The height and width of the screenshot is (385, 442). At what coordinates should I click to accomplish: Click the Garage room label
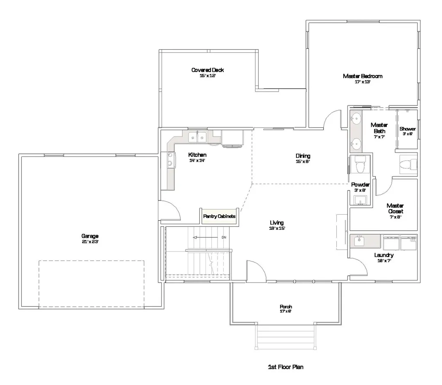tap(90, 236)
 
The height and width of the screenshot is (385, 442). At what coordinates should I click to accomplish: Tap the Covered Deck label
tap(208, 70)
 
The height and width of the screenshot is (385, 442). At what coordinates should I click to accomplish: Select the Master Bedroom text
tap(363, 76)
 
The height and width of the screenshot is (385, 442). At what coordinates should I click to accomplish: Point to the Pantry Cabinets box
tap(219, 216)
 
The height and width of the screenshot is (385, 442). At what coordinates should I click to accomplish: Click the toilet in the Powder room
tap(360, 164)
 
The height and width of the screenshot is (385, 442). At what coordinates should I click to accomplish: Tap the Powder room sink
tap(360, 200)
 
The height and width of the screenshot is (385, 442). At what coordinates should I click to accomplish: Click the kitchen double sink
tap(197, 137)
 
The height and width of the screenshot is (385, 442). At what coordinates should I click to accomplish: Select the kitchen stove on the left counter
tap(171, 160)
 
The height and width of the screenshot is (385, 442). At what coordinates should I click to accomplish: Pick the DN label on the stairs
tap(224, 237)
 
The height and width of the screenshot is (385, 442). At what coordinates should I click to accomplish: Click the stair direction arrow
tap(205, 237)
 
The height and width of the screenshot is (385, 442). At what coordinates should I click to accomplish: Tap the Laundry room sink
tap(359, 241)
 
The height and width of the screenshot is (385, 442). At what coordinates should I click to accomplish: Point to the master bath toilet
tap(408, 164)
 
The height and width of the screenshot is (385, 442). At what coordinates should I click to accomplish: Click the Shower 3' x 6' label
tap(407, 131)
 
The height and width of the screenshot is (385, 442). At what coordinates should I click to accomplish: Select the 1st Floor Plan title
tap(286, 367)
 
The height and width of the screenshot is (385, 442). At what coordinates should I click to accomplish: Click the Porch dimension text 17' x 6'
tap(286, 312)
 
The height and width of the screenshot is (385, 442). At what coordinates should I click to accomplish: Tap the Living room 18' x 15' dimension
tap(277, 228)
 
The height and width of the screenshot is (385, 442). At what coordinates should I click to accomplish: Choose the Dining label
tap(303, 156)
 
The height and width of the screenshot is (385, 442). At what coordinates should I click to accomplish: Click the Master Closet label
tap(395, 208)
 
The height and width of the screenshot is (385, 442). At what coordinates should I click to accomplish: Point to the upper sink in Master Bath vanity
tap(357, 118)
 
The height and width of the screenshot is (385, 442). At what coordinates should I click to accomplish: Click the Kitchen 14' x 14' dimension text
tap(197, 161)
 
